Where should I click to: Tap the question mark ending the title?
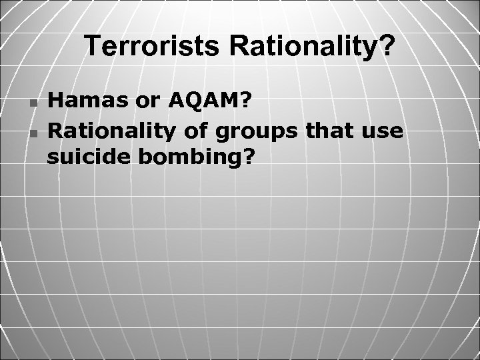[387, 47]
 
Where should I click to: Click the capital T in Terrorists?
[91, 47]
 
